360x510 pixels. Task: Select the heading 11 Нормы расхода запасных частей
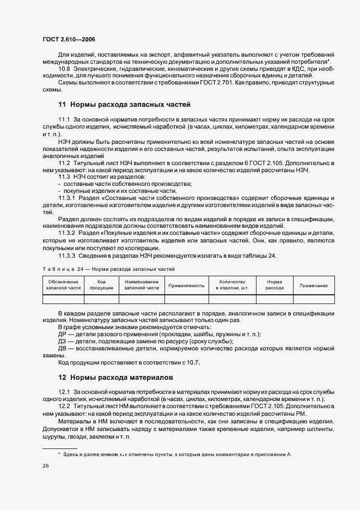pyautogui.click(x=124, y=104)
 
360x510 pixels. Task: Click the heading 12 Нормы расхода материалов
pyautogui.click(x=116, y=377)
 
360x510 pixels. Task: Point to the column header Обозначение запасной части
pyautogui.click(x=63, y=284)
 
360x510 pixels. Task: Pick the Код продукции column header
pyautogui.click(x=101, y=284)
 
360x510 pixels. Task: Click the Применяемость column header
pyautogui.click(x=187, y=285)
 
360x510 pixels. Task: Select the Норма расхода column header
pyautogui.click(x=274, y=284)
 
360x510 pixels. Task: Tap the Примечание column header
pyautogui.click(x=313, y=285)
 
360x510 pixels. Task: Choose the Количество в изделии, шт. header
pyautogui.click(x=232, y=284)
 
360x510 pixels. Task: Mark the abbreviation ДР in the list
pyautogui.click(x=63, y=334)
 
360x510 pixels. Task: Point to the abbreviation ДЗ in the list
pyautogui.click(x=63, y=341)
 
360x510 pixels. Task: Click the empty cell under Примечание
pyautogui.click(x=313, y=299)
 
